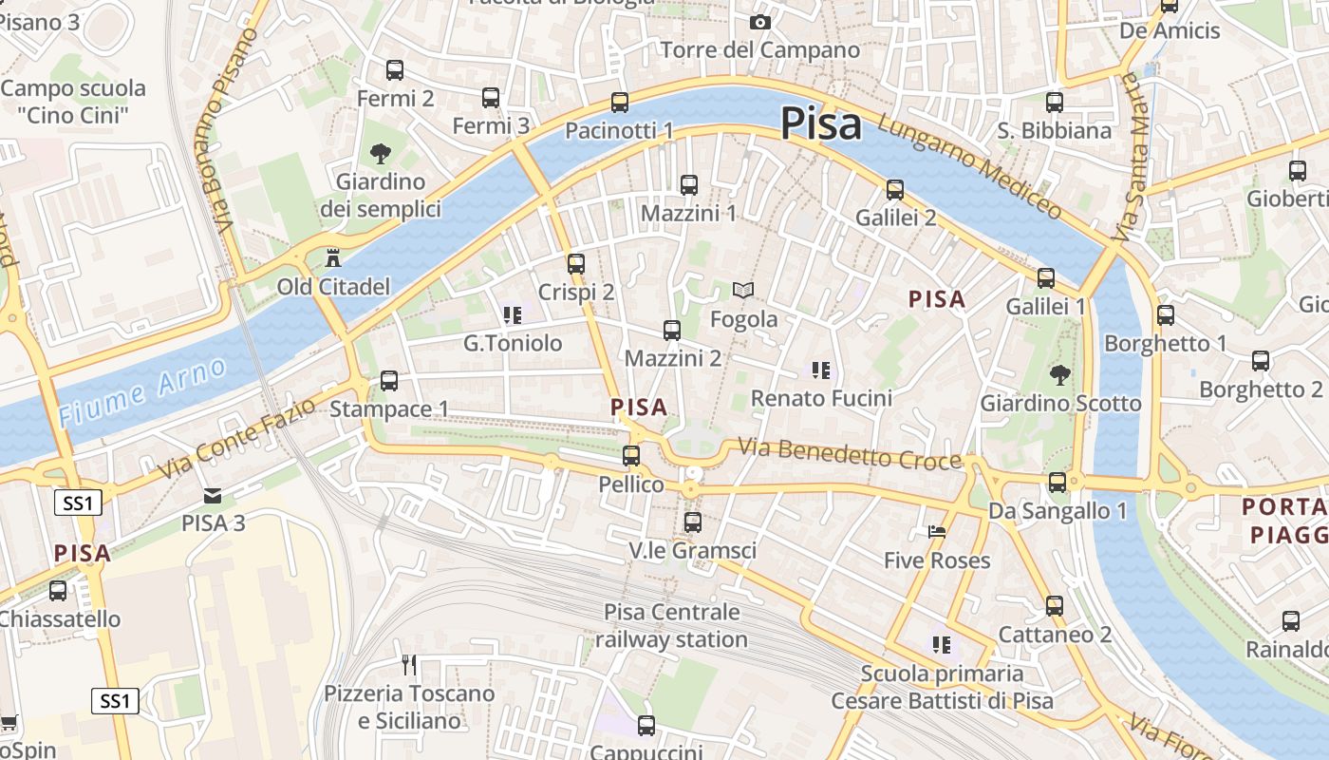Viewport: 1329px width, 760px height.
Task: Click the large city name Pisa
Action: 821,124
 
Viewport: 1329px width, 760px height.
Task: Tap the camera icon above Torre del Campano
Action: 760,22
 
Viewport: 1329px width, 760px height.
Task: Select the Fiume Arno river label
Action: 142,391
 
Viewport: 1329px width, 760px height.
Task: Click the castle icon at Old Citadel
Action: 333,257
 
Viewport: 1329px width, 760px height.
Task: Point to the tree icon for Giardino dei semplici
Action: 380,152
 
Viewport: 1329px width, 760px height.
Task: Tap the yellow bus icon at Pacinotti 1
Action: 620,102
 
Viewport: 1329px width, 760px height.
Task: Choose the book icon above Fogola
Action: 744,290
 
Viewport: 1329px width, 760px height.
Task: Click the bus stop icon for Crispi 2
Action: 576,263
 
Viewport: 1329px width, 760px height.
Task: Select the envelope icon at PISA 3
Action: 213,495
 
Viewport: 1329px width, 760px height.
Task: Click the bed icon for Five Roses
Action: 937,532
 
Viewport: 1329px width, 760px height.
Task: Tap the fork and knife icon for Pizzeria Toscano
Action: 409,664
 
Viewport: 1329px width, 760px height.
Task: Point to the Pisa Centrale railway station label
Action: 671,625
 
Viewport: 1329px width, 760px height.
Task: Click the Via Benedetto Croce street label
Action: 850,454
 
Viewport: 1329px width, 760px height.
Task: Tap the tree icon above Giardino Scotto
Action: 1059,374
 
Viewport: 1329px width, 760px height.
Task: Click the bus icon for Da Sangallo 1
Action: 1058,483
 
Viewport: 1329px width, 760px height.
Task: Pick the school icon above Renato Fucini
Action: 821,370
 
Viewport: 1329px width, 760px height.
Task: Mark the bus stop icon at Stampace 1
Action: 389,381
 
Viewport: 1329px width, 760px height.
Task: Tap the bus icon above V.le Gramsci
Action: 693,522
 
